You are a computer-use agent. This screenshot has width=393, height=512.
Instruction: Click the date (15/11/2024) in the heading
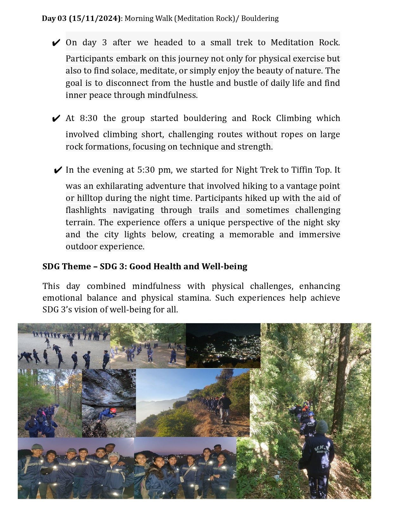tap(95, 18)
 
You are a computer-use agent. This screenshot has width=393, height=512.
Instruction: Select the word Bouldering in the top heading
tap(260, 18)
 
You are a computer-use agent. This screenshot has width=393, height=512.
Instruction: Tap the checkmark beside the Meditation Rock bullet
tap(56, 43)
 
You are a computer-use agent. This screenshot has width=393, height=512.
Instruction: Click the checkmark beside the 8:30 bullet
tap(56, 119)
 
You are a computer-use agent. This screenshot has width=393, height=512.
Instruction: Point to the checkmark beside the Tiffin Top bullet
tap(58, 170)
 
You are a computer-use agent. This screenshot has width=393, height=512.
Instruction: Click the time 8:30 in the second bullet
tap(88, 118)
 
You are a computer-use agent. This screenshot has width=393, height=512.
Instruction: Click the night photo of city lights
tap(223, 346)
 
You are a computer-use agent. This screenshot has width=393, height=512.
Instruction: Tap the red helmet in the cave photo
tap(113, 411)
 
